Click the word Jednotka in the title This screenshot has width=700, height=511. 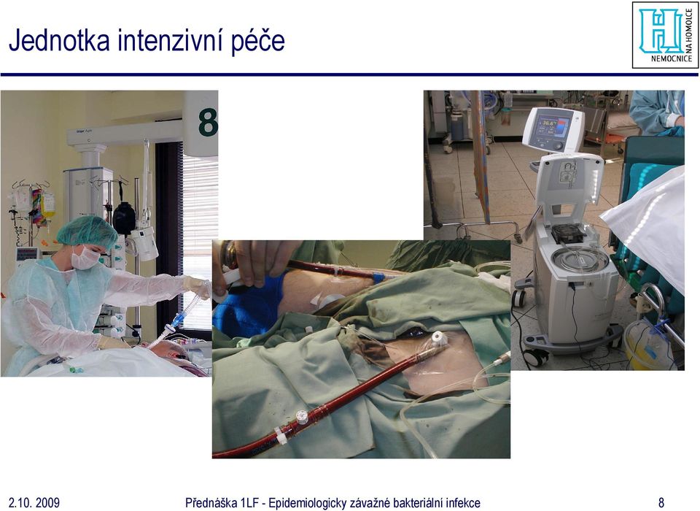point(59,40)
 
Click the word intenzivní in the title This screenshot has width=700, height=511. point(171,40)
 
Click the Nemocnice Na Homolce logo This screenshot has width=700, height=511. point(665,35)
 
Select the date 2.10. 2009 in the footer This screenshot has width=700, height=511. point(34,502)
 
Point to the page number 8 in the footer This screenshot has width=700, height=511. point(661,502)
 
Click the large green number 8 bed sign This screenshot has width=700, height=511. point(208,122)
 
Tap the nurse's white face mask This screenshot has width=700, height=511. point(85,258)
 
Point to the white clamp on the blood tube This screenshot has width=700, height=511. point(281,436)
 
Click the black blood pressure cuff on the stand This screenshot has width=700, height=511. point(124,218)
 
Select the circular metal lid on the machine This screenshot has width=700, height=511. point(579,259)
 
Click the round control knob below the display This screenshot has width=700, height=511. point(558,146)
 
